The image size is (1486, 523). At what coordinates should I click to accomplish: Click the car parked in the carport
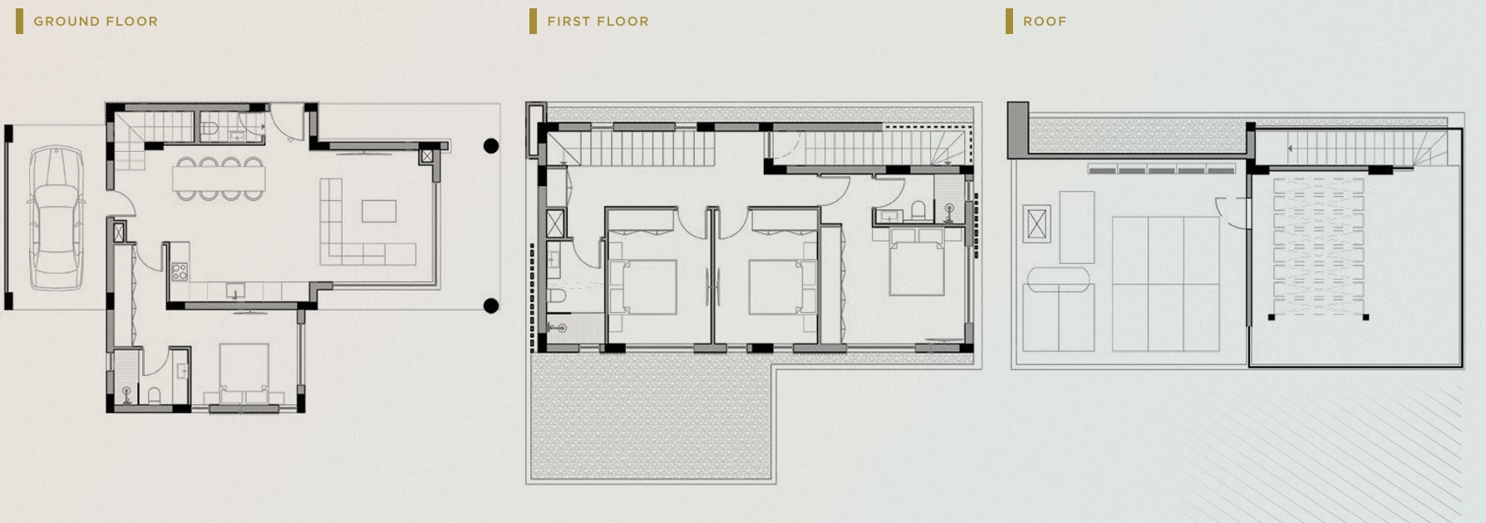point(57,218)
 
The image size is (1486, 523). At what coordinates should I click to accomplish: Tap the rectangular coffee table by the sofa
point(379,211)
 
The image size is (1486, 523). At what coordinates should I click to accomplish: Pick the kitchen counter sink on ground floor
point(236,291)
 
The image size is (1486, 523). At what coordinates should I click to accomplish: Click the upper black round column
point(491,146)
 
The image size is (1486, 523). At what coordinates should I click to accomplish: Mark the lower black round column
point(491,305)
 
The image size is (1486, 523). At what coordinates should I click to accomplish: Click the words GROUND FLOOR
point(96,22)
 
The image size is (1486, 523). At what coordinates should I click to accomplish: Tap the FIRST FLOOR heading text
point(598,22)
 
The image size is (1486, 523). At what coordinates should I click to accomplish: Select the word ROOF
point(1045,22)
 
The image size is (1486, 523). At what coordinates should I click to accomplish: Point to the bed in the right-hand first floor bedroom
point(917,261)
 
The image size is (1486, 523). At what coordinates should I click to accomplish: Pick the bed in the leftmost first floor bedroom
point(642,286)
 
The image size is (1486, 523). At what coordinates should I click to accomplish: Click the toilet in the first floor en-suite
point(918,209)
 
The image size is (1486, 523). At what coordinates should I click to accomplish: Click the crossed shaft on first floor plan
point(555,222)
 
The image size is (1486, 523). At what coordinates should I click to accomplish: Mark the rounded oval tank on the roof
point(1058,278)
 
